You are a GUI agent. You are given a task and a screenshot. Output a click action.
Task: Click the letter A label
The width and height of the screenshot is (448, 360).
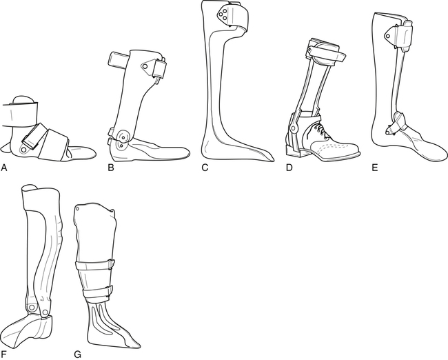tap(3, 168)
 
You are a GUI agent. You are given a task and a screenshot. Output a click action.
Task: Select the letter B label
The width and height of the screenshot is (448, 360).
tap(111, 168)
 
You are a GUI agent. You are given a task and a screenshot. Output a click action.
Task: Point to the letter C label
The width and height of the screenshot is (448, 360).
tap(205, 168)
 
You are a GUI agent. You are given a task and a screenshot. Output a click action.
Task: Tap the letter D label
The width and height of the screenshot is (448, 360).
tap(289, 168)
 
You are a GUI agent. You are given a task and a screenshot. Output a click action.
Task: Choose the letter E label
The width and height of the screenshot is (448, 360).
tap(375, 168)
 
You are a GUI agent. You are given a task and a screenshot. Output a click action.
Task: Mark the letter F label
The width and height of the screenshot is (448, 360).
tap(3, 354)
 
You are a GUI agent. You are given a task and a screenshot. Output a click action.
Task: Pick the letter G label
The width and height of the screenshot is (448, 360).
tap(78, 354)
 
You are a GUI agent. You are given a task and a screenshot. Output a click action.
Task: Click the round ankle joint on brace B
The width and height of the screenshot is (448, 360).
tap(123, 137)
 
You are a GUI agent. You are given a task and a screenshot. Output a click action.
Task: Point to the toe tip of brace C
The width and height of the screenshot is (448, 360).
tap(273, 160)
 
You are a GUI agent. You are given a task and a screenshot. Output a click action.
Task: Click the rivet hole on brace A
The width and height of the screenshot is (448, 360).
tap(23, 149)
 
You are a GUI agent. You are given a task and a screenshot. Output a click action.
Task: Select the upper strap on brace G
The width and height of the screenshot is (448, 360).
tap(95, 266)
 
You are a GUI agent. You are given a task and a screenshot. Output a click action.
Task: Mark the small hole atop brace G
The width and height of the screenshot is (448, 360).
tap(77, 208)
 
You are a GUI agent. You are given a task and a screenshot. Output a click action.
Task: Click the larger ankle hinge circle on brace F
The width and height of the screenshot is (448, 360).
tap(32, 308)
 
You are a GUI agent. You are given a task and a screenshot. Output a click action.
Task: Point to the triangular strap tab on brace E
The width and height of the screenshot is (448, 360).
tap(389, 34)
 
